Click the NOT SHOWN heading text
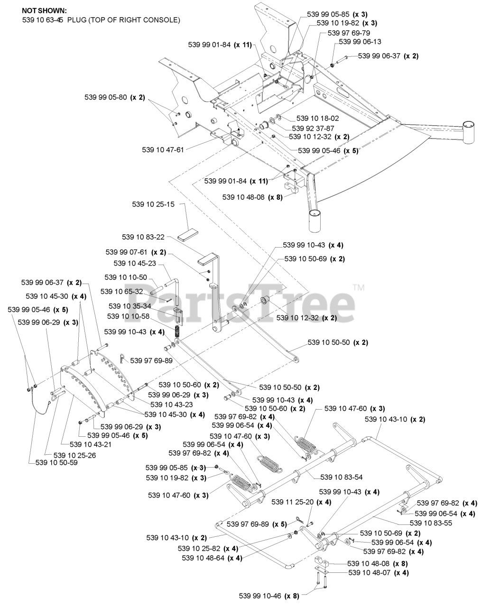tap(44, 10)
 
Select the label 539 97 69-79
tap(349, 33)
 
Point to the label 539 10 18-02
tap(318, 118)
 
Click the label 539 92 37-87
tap(313, 128)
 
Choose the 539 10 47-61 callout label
tap(163, 150)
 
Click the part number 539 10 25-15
tap(153, 205)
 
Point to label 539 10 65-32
tap(121, 291)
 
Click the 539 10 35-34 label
tap(129, 306)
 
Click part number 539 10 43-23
tap(172, 405)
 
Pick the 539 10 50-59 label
tap(56, 462)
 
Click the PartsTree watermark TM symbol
tap(359, 287)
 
